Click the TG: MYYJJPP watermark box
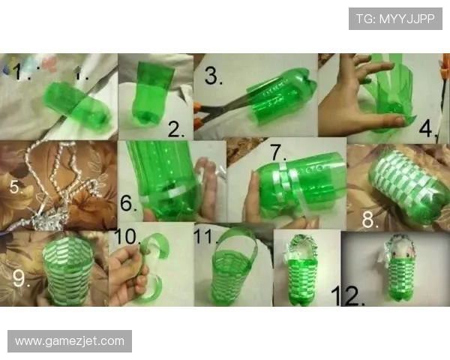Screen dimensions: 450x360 pos(395,19)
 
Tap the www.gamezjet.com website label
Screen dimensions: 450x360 pos(70,341)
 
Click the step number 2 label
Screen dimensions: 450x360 pos(175,129)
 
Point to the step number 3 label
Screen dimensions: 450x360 pos(213,76)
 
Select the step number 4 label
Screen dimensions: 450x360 pos(427,128)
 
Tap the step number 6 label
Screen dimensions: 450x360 pos(127,203)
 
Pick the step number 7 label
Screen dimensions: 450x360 pos(277,152)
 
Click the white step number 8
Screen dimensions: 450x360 pos(369,219)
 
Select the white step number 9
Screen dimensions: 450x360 pos(21,278)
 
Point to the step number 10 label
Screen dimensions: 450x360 pos(127,237)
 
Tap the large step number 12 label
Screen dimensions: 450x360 pos(347,295)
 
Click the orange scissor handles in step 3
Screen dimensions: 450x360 pos(198,117)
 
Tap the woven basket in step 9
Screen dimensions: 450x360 pos(68,270)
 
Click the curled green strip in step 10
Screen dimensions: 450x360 pos(151,270)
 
